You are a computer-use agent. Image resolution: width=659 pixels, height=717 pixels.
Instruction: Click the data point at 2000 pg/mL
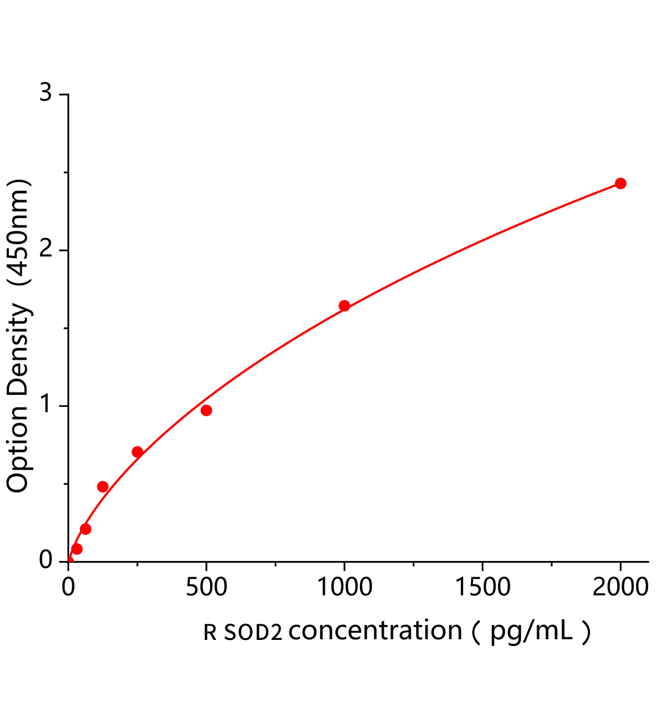[620, 183]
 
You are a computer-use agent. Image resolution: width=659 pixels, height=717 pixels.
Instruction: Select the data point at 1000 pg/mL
[344, 306]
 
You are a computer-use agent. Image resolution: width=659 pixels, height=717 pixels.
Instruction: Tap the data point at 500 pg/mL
[207, 410]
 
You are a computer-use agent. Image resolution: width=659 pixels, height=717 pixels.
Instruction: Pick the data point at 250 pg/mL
[137, 452]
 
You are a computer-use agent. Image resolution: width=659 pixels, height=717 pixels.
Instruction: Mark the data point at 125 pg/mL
[103, 486]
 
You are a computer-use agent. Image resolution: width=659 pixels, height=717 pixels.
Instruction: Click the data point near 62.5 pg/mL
[85, 529]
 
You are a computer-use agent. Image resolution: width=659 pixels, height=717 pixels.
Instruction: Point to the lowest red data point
[76, 549]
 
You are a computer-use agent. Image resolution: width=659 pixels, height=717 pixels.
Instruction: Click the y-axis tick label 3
[46, 94]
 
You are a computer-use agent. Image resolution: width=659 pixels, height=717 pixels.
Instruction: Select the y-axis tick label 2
[46, 250]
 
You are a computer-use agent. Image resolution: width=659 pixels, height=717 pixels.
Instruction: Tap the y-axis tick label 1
[46, 406]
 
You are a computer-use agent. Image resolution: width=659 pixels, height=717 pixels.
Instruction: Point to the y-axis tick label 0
[46, 561]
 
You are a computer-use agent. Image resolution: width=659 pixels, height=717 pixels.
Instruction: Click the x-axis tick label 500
[207, 588]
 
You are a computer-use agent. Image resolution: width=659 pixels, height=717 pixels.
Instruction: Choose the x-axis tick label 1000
[344, 588]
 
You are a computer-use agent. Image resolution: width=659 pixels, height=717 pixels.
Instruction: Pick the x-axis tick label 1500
[482, 588]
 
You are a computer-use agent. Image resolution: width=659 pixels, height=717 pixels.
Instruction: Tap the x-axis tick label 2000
[620, 588]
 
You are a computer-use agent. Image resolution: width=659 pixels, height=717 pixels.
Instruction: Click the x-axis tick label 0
[68, 588]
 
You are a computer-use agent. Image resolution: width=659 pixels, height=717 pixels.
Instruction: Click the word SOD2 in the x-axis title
[253, 632]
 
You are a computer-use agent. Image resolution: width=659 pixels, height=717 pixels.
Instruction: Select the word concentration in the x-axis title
[375, 631]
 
